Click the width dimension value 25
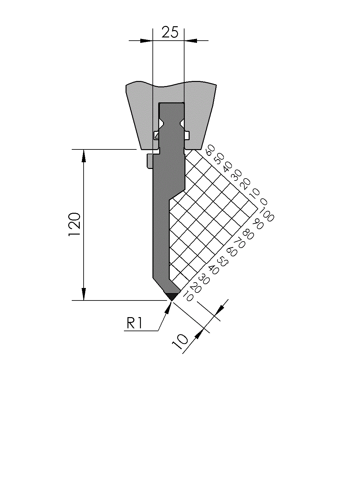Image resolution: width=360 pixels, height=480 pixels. (170, 32)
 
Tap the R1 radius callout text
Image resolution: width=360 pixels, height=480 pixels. (135, 324)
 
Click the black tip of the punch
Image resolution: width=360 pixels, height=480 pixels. (172, 296)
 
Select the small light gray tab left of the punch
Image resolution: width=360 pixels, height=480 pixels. (150, 161)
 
